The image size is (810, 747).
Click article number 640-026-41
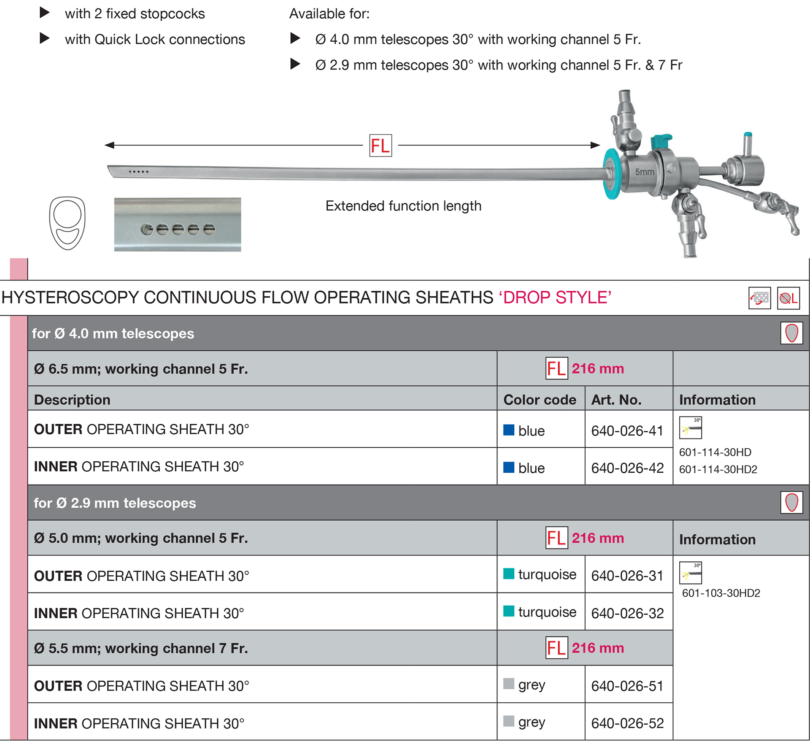[627, 430]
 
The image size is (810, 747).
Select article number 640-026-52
[627, 723]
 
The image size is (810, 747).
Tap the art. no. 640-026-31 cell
[627, 576]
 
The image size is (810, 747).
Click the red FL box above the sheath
[380, 146]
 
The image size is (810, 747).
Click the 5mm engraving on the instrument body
[644, 172]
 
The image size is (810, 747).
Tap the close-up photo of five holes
[177, 225]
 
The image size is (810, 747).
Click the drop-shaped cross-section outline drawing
[67, 223]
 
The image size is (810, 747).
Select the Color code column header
[540, 400]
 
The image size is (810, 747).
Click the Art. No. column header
[616, 400]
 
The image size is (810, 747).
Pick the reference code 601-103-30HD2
[721, 593]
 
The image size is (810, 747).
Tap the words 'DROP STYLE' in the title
[555, 298]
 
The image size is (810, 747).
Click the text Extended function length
[403, 206]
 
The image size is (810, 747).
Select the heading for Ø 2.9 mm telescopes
[115, 503]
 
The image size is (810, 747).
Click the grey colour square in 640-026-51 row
[509, 683]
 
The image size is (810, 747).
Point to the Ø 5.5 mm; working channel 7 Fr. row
[141, 648]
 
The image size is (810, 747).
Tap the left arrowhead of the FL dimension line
[109, 145]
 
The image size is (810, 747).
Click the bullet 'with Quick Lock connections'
[154, 39]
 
